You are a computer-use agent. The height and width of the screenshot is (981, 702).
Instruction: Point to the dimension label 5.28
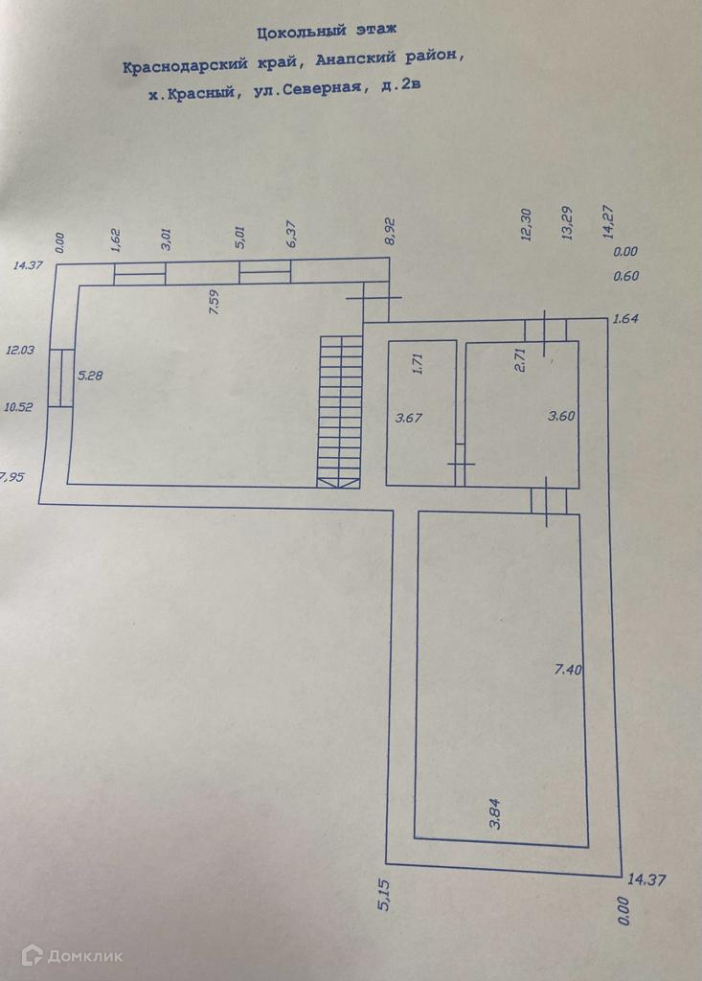point(89,376)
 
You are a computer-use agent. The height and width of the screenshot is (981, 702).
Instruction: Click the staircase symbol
point(341,411)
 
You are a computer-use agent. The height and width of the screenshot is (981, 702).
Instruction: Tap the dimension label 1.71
point(418,364)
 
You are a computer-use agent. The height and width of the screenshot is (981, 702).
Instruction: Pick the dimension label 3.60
point(560,417)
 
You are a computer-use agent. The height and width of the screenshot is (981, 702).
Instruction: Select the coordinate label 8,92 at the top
point(390,233)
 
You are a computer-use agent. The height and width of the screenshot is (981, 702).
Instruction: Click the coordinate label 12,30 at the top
point(525,226)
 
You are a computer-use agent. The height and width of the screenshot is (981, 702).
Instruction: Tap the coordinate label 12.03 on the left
point(19,351)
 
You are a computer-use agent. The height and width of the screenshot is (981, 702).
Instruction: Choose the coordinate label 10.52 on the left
point(18,407)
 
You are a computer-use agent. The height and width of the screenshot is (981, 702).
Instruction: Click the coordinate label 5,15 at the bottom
point(384,894)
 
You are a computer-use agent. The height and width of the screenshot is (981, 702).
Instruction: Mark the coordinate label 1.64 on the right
point(625,319)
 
